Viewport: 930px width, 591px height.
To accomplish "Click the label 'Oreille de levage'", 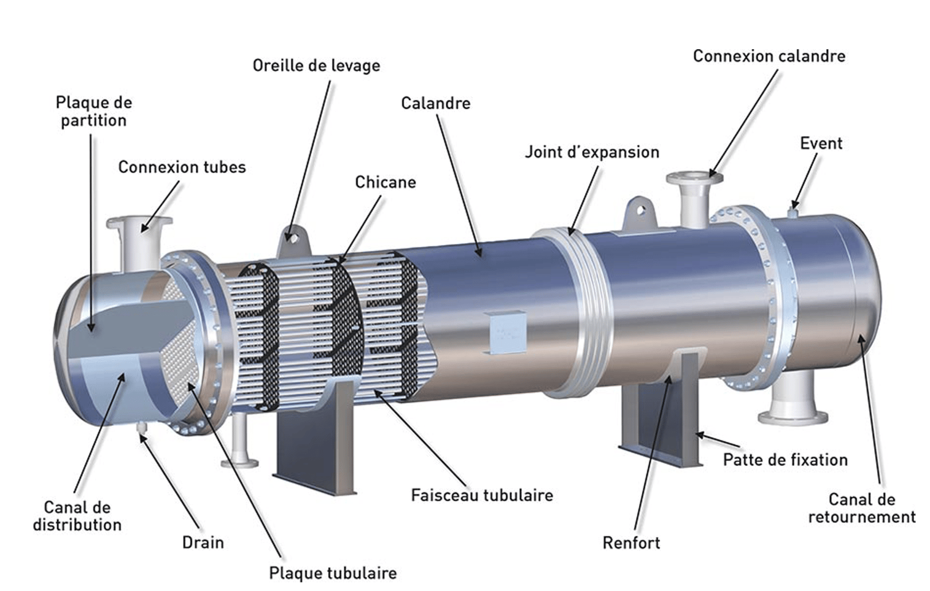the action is coord(316,66).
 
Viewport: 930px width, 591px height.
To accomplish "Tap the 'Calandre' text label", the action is coord(435,103).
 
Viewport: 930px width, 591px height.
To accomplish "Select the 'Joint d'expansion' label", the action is coord(592,152).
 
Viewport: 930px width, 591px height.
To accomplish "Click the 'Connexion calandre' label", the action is coord(769,56).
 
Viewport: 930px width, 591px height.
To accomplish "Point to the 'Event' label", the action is coord(821,144).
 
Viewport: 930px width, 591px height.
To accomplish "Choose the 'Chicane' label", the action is coord(386,182).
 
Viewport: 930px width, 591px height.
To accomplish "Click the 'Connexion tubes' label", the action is coord(182,168).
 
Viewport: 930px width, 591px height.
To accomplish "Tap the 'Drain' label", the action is coord(203,543).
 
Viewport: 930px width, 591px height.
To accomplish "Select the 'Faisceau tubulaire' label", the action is coord(482,495).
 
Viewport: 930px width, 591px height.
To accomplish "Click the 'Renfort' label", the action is coord(631,543).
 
